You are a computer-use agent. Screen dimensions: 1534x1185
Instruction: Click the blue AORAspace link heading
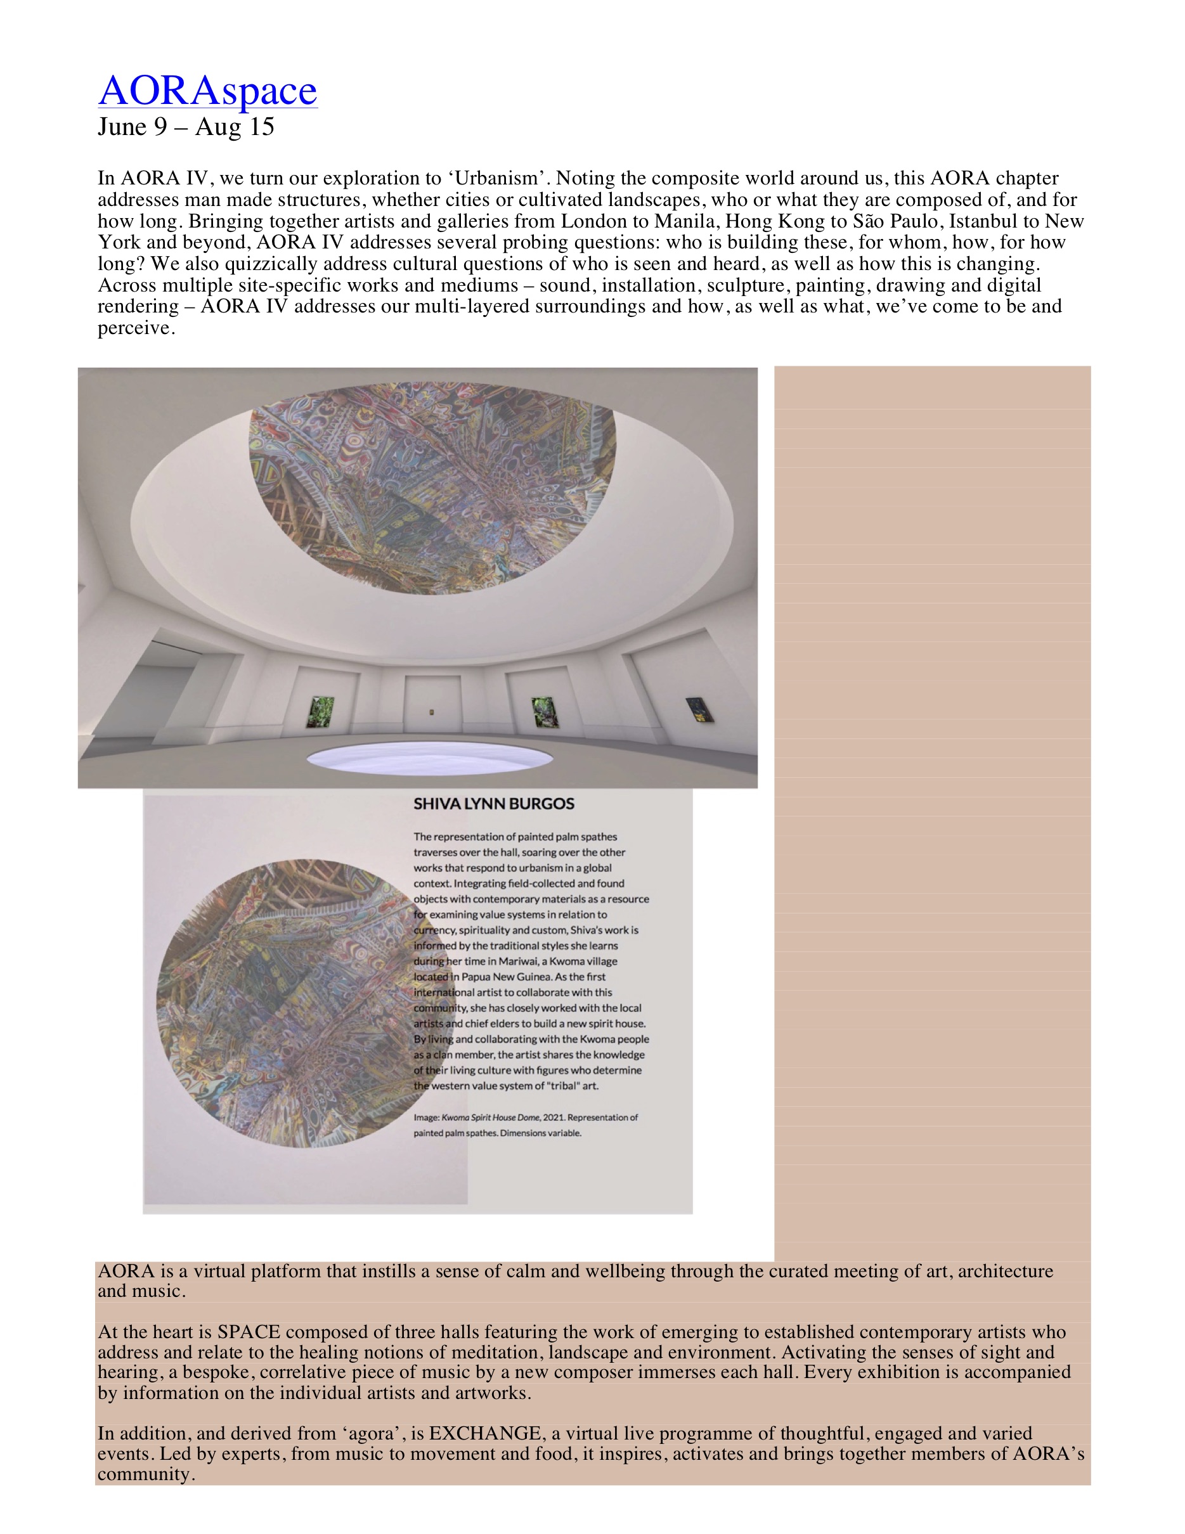coord(207,91)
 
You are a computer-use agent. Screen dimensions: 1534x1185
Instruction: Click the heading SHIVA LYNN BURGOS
coord(493,804)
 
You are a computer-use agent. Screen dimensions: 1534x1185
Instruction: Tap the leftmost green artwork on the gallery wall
coord(320,711)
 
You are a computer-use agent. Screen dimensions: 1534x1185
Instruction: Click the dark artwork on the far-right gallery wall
coord(699,709)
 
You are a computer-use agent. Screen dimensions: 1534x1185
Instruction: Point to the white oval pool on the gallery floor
coord(430,759)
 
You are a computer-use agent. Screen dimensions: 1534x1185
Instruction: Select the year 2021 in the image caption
coord(554,1118)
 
